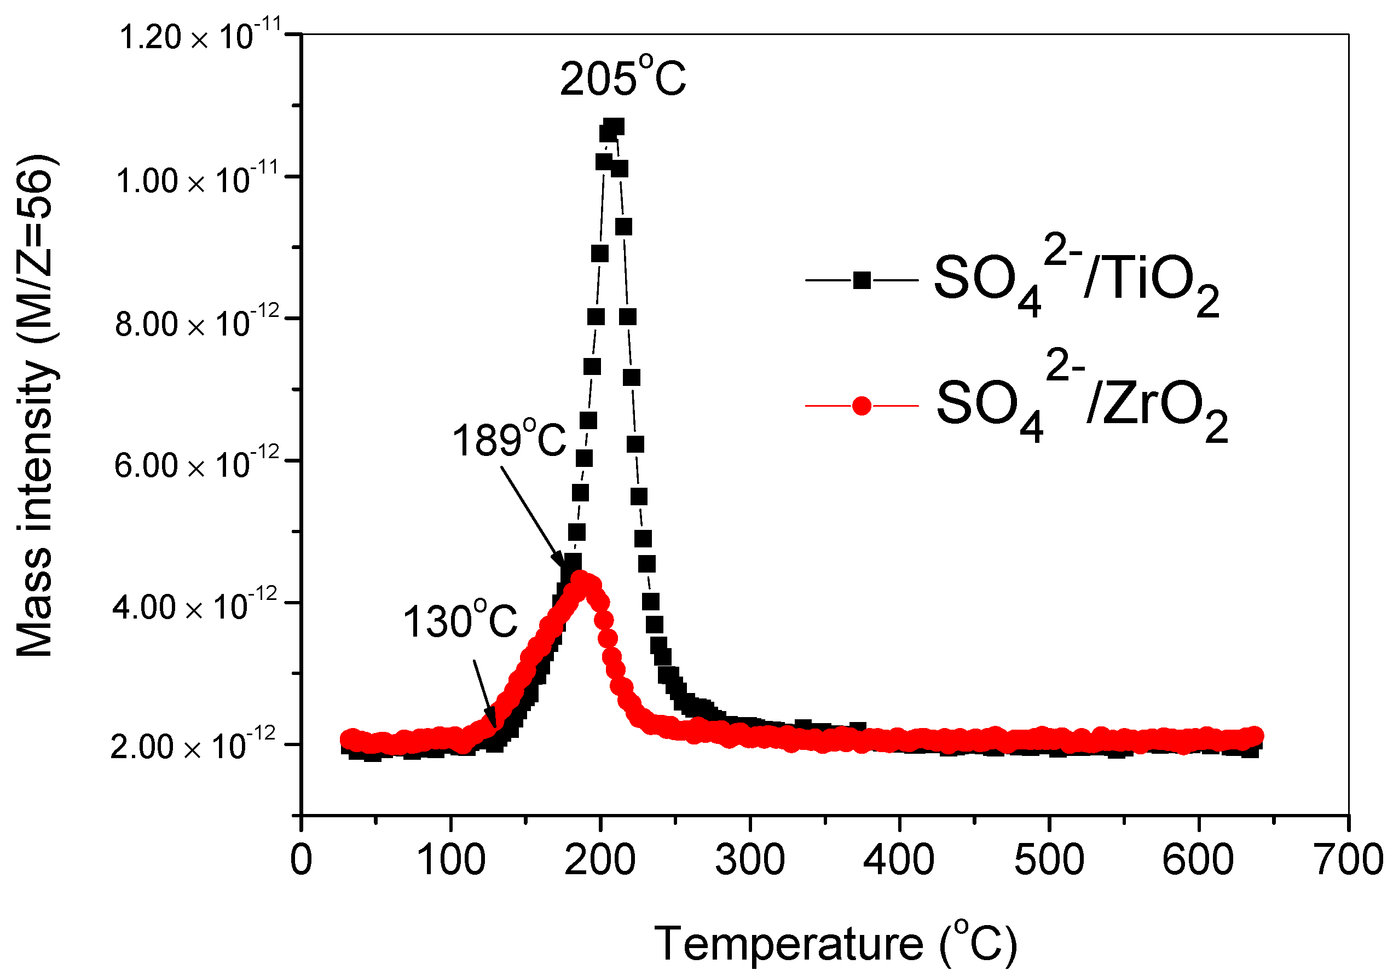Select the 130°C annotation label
(x=459, y=621)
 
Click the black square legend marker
(x=862, y=280)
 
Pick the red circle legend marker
(x=862, y=405)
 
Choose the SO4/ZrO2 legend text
(x=1080, y=404)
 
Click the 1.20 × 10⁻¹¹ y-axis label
(x=200, y=36)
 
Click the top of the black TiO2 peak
(x=613, y=128)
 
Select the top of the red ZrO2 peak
(x=582, y=580)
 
